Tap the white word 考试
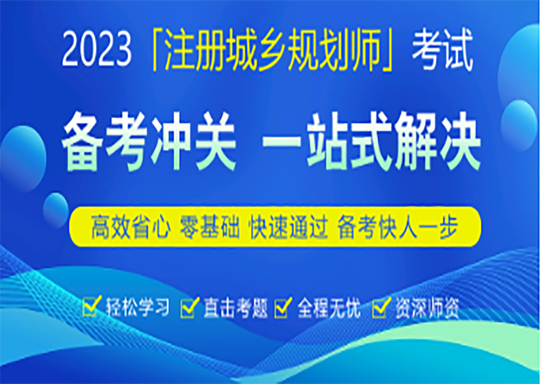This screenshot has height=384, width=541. [442, 51]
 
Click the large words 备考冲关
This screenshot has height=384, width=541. [149, 142]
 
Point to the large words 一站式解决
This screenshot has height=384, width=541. [372, 142]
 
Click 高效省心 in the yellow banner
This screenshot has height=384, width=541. [131, 227]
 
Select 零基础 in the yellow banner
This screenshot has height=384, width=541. [209, 227]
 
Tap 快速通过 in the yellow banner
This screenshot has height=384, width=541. [288, 227]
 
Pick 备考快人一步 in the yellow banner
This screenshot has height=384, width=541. [398, 227]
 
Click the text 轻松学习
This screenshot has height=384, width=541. [138, 307]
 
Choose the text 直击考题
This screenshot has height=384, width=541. [235, 307]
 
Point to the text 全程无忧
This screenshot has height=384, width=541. [329, 307]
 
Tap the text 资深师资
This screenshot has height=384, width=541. [427, 307]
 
